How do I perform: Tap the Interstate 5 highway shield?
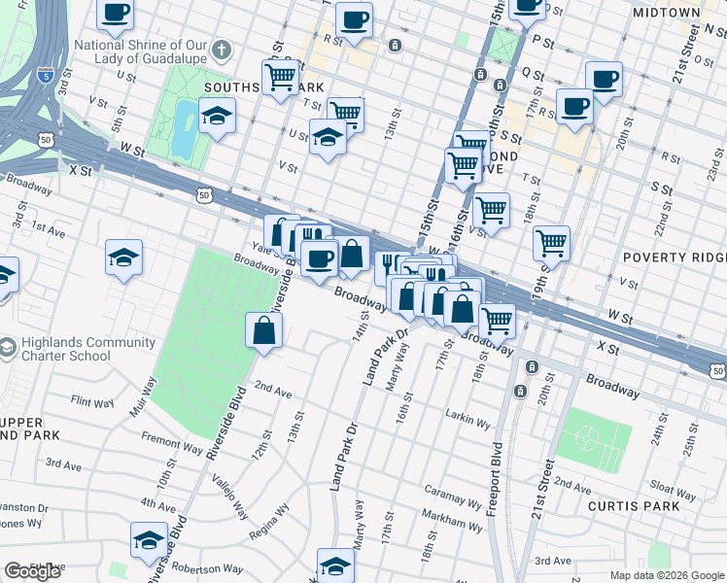[x=46, y=73]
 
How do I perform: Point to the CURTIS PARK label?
[x=640, y=506]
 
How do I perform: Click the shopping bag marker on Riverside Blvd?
[x=264, y=330]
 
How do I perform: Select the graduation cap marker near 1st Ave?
[x=124, y=258]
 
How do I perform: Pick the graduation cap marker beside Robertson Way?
[x=149, y=540]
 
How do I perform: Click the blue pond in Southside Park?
[x=183, y=128]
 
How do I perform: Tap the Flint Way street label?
[x=93, y=401]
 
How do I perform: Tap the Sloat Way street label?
[x=673, y=487]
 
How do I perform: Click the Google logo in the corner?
[x=32, y=571]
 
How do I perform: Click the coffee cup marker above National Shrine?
[x=116, y=14]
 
